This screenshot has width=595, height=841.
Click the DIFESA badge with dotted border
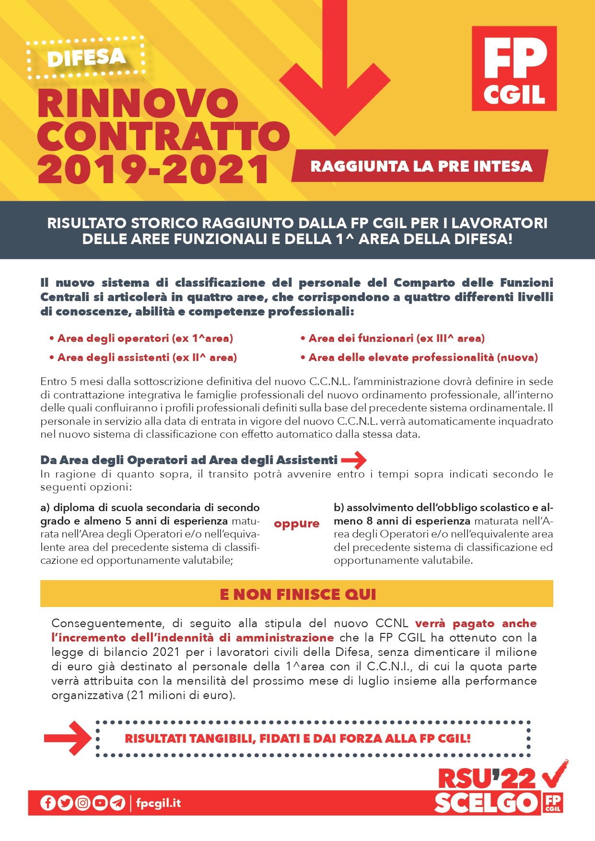click(86, 58)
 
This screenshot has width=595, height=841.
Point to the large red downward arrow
click(335, 72)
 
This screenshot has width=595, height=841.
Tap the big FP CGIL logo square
click(514, 69)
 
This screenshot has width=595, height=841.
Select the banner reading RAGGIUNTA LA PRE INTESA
click(420, 166)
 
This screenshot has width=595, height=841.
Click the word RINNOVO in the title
click(138, 104)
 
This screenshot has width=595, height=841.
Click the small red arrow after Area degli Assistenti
click(354, 460)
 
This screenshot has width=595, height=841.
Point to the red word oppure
click(296, 524)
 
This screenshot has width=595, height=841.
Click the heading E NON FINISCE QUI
click(297, 595)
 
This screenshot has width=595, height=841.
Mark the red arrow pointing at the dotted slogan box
click(67, 738)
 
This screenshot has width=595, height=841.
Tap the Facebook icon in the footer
click(48, 803)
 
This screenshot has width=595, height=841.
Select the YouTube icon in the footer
click(100, 803)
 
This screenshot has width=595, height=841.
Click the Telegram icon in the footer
click(117, 803)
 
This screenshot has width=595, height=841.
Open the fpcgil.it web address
click(158, 803)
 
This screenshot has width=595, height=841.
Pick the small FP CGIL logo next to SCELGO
click(553, 803)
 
